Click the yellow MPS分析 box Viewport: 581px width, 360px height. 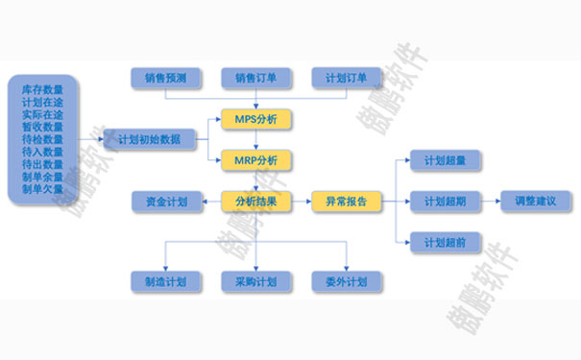256,120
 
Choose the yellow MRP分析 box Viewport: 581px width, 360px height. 256,159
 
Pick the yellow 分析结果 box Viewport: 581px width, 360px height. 256,202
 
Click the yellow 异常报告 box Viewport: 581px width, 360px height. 347,202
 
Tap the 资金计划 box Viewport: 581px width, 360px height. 165,202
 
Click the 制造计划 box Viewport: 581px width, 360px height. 165,282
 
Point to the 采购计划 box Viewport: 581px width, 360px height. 256,282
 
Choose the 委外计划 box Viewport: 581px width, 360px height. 347,282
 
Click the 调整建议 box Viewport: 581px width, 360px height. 535,202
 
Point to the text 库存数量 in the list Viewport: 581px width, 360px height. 42,89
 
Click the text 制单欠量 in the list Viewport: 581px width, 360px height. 42,189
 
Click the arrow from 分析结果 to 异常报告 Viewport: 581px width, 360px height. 302,202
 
